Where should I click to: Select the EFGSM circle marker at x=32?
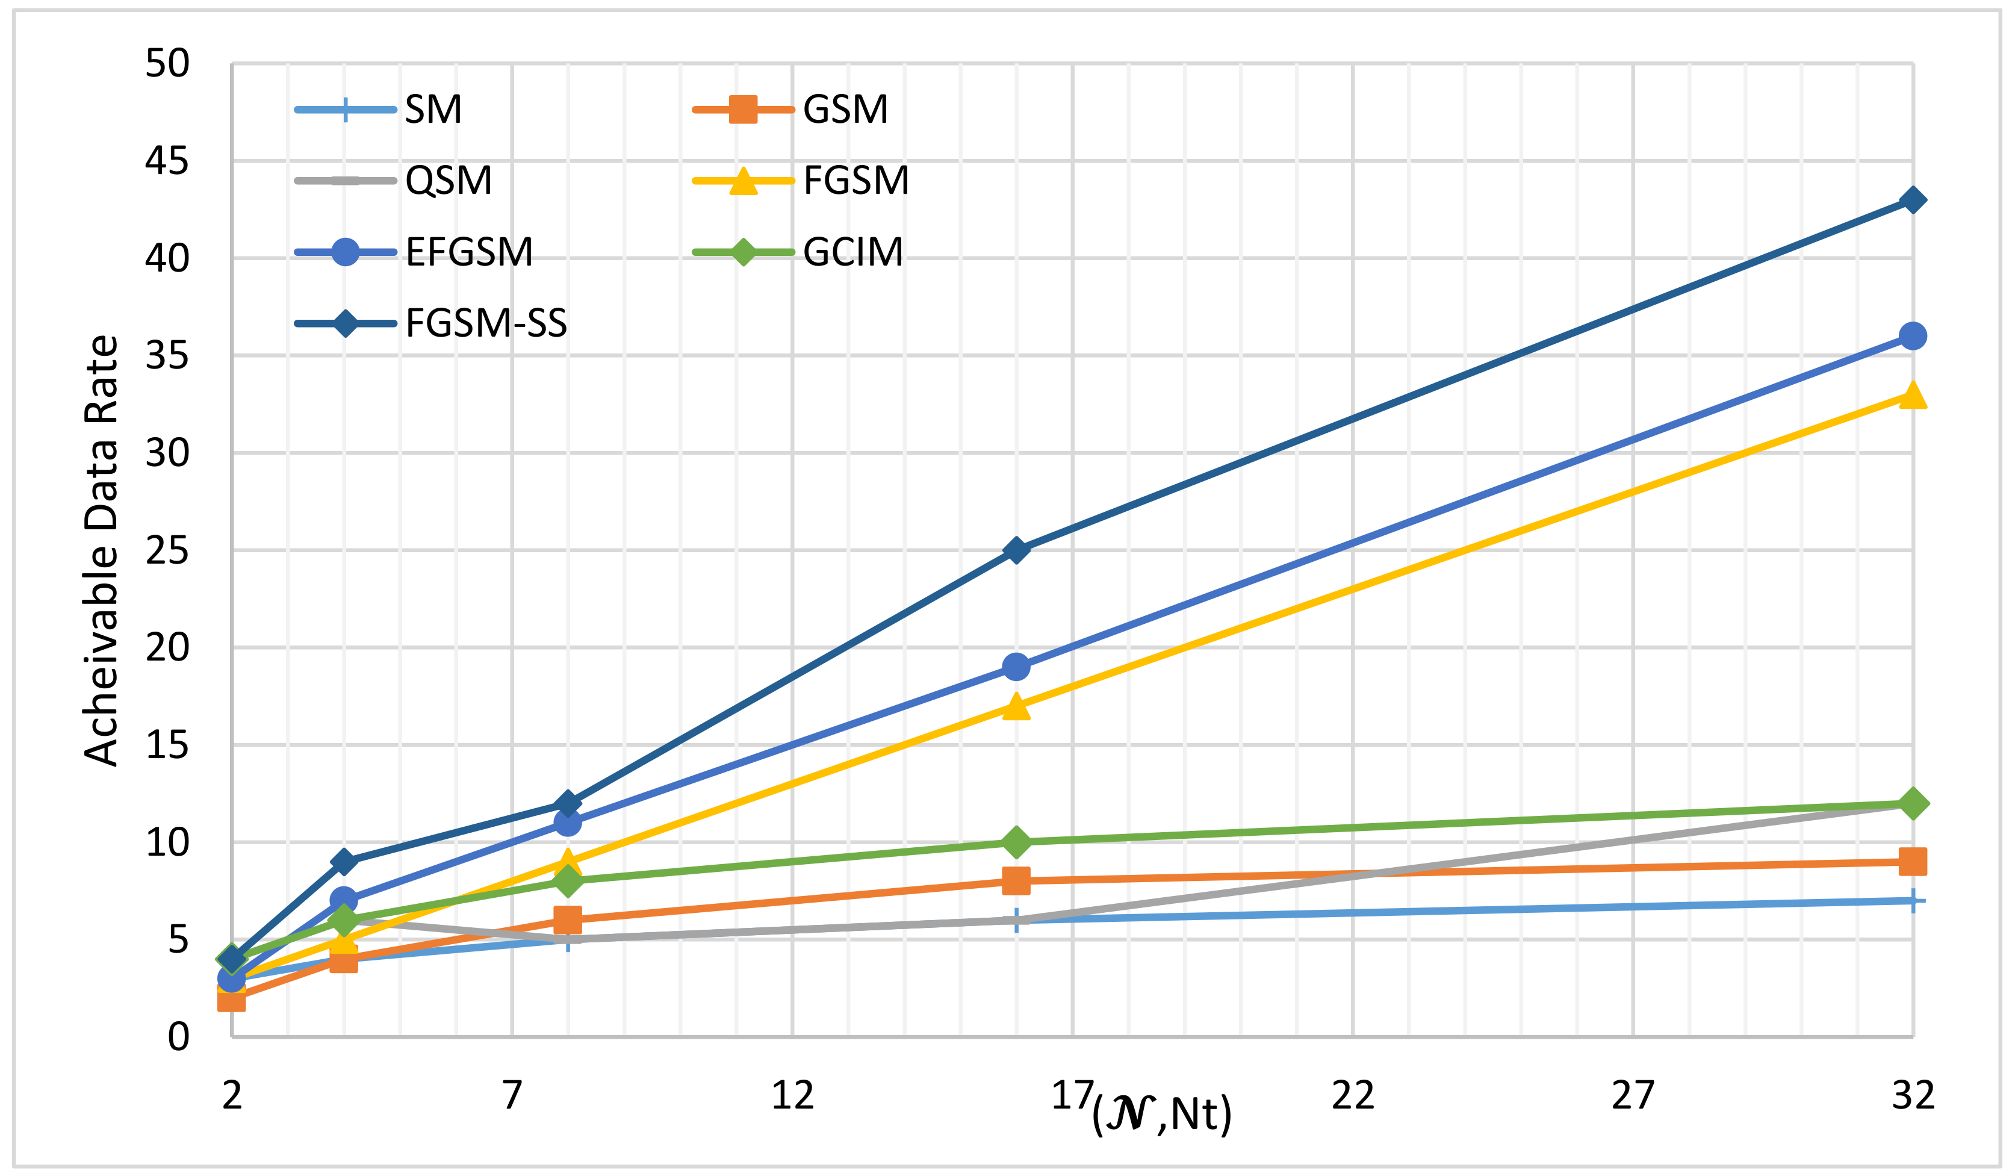point(1912,336)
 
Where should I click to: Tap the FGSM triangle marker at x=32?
point(1912,395)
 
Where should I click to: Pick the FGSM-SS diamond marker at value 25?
point(1016,551)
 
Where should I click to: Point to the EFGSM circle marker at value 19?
point(1016,667)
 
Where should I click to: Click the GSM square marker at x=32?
point(1912,862)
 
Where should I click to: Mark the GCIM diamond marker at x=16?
point(1016,842)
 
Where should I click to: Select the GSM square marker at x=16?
point(1016,880)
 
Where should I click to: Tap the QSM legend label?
point(448,181)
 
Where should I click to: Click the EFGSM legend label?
point(468,252)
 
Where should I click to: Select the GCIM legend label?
point(852,252)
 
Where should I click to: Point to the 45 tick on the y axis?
point(167,161)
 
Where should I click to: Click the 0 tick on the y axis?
point(178,1037)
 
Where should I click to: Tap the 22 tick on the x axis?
point(1353,1095)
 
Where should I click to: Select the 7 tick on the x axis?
point(512,1095)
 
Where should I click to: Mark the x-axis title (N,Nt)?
point(1162,1114)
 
